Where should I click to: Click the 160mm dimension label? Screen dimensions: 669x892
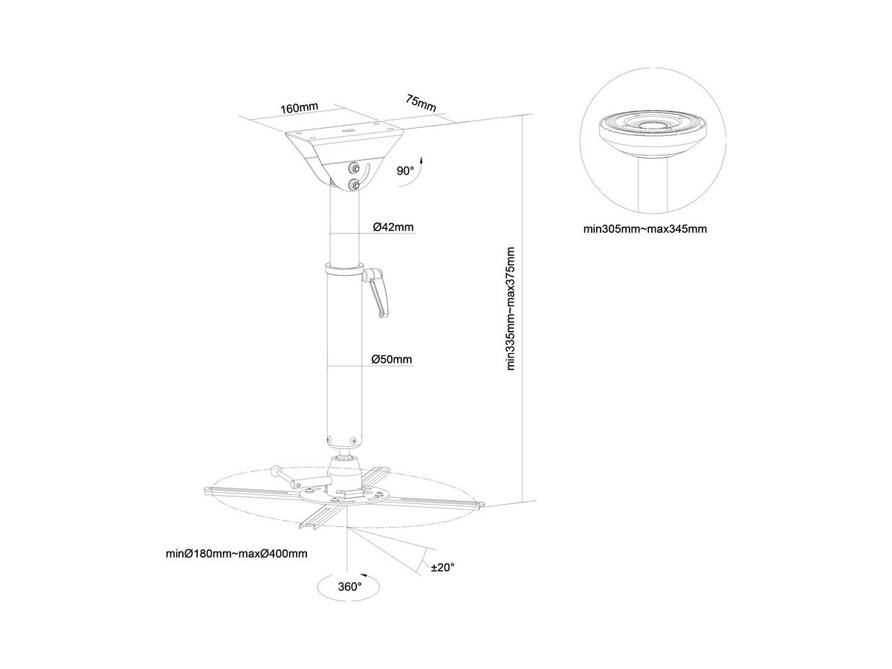299,107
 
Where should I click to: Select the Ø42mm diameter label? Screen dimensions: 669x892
393,227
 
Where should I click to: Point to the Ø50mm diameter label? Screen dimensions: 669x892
392,360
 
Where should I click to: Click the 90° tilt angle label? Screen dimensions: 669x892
405,171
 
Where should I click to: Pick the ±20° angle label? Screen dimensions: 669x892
443,567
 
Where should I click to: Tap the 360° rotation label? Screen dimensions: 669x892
349,586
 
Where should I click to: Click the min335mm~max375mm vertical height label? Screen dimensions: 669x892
510,308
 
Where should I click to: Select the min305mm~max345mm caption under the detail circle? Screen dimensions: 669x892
645,230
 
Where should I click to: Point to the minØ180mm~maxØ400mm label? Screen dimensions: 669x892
236,554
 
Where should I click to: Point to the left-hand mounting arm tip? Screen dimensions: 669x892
209,490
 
